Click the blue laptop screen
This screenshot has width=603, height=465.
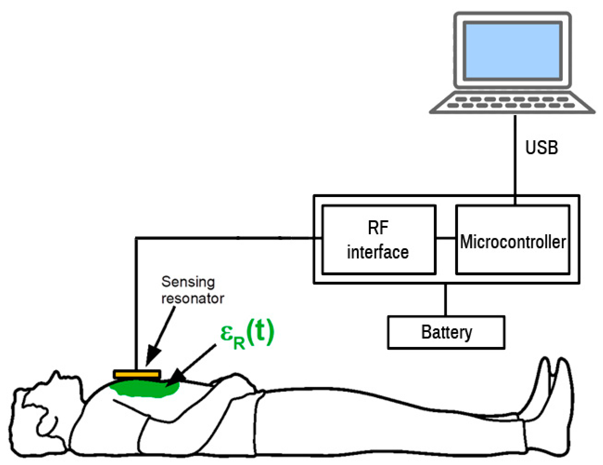512,51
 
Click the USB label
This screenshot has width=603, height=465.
541,148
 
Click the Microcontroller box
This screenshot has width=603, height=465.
512,239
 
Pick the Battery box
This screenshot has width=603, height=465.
446,332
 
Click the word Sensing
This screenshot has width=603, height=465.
188,282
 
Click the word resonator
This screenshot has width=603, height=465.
192,298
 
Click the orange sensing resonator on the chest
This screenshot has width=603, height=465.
137,374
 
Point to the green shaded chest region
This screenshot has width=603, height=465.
143,389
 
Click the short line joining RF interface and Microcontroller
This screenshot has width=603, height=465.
446,238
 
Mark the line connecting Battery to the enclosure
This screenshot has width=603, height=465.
445,300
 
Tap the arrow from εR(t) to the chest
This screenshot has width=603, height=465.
194,362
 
